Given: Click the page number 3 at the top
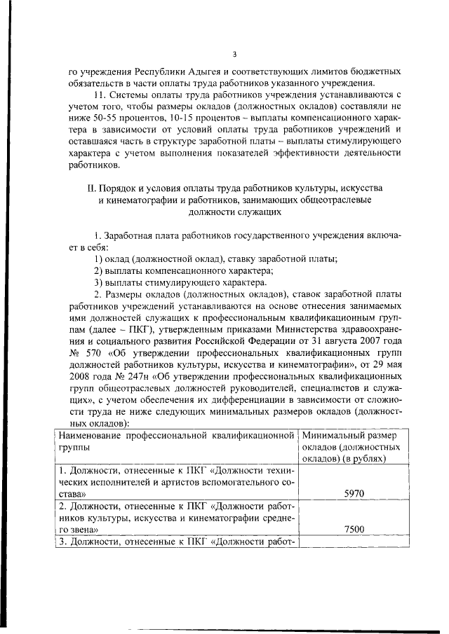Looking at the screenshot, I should [x=235, y=54].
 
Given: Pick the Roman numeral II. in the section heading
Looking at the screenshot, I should [x=90, y=188].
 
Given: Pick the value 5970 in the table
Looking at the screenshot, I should [x=354, y=494].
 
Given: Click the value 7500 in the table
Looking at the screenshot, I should [x=354, y=529].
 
